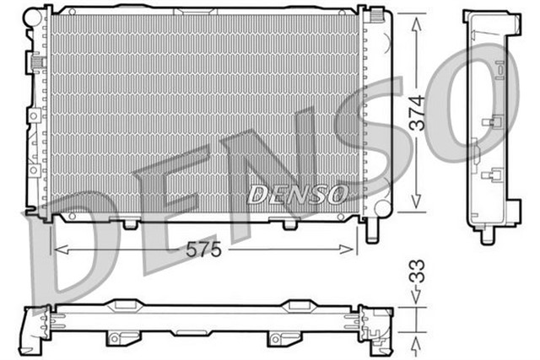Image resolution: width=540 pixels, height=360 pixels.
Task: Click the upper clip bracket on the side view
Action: [489, 123]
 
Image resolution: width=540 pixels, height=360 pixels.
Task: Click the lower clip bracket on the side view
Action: [489, 176]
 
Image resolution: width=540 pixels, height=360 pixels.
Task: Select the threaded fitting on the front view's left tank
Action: [36, 62]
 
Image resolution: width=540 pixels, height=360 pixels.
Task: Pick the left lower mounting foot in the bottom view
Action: [118, 337]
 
